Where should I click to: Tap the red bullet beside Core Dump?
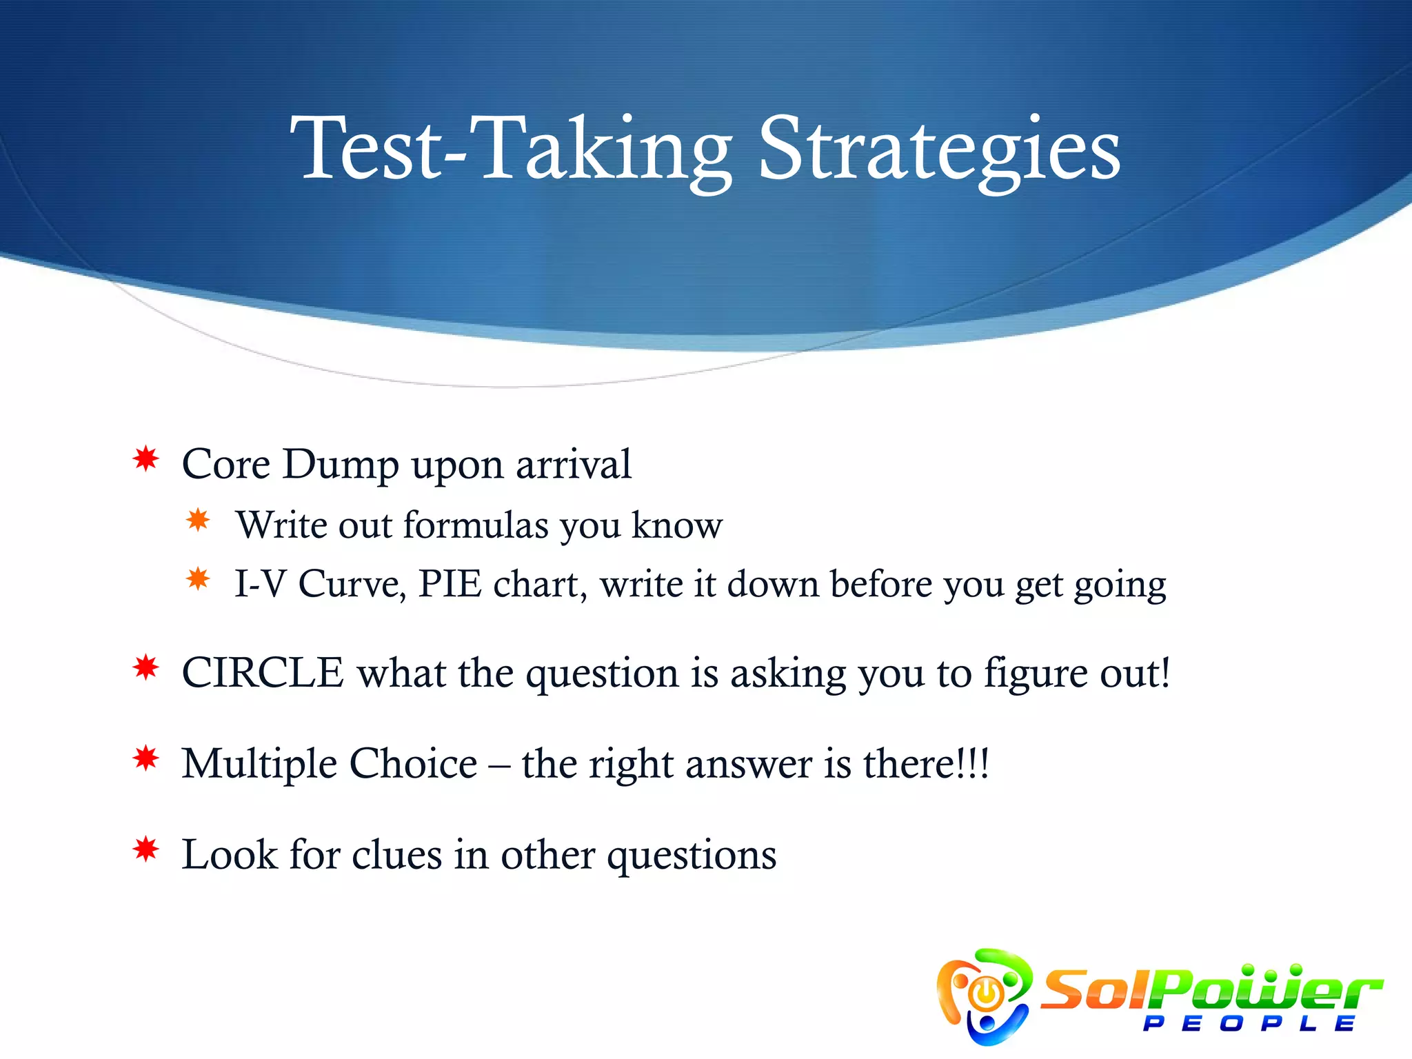pos(146,459)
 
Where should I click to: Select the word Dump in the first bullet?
pos(341,464)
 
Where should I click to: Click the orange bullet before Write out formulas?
pos(198,520)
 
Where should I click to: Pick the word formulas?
pos(476,525)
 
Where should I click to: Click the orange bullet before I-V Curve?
pos(198,578)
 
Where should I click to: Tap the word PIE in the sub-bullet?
pos(450,584)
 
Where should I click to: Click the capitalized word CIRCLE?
pos(263,673)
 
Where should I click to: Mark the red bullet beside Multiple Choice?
pos(146,758)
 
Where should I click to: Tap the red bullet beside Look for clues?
pos(146,849)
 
